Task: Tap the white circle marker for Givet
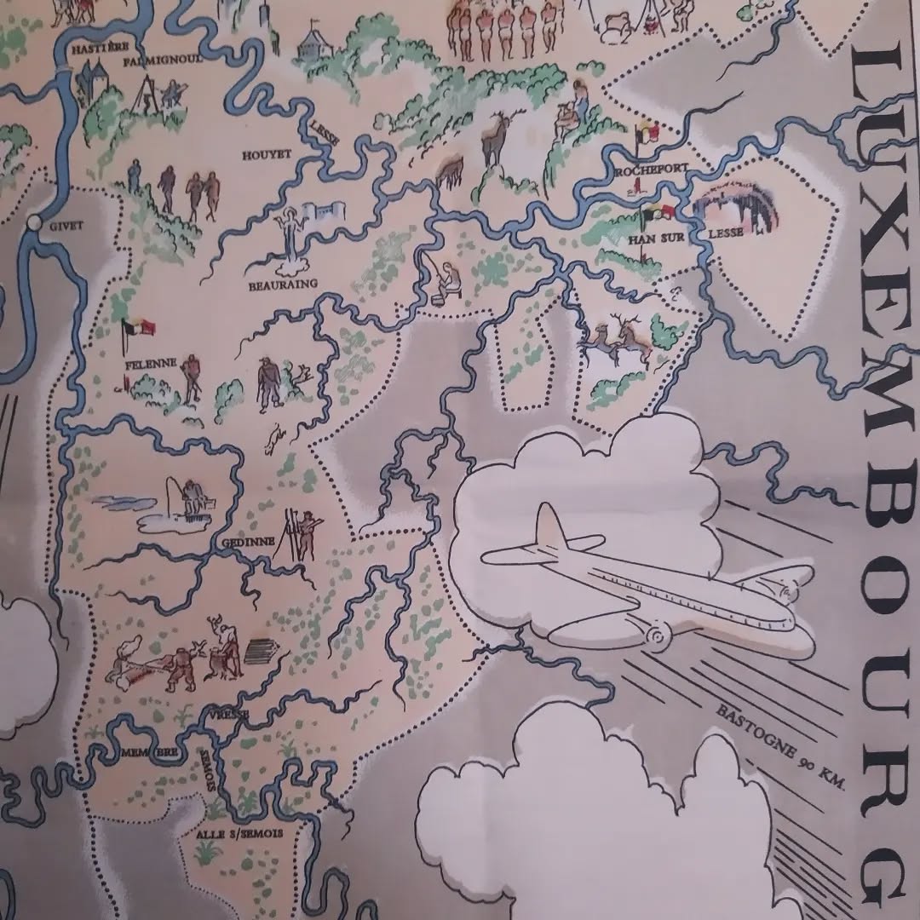pos(34,223)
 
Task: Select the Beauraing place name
pos(282,284)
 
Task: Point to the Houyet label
pos(267,154)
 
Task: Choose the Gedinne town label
pos(247,542)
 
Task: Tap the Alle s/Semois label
pos(239,834)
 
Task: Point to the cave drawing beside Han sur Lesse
pos(736,210)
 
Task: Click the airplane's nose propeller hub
pos(657,635)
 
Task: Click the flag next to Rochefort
pos(641,137)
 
